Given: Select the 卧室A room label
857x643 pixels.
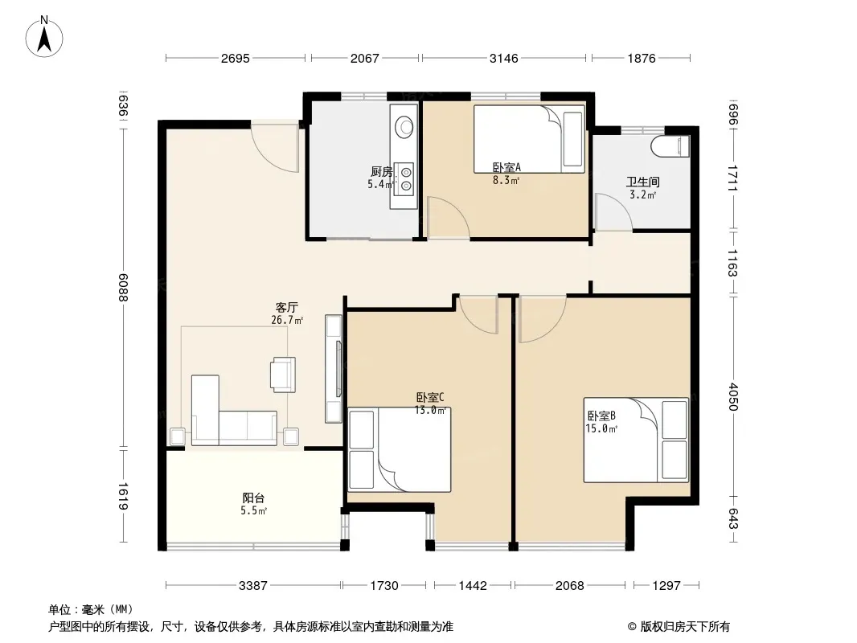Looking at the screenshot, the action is [x=506, y=167].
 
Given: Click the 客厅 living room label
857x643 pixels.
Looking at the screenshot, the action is [x=286, y=308].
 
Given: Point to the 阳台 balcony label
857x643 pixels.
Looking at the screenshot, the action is [x=253, y=498].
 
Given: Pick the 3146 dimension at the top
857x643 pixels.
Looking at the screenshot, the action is [x=503, y=58].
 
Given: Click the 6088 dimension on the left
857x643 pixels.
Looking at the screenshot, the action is [x=122, y=288].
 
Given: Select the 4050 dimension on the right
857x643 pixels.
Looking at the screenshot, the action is [x=733, y=397].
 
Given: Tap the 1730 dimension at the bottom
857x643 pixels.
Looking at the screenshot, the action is [x=384, y=586].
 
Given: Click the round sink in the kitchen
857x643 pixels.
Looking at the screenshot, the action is [x=404, y=126].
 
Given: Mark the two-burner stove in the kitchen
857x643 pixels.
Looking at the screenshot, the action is [x=406, y=179].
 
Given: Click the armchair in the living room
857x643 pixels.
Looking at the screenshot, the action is [x=283, y=375].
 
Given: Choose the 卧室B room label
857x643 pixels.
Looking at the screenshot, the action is [x=602, y=416].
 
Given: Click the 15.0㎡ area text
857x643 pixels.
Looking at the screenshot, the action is [x=602, y=429].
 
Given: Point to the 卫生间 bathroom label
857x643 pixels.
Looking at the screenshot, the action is [x=643, y=182].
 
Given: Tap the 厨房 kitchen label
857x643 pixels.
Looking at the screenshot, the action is [x=382, y=172].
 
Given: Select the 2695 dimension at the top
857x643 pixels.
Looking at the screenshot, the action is [x=236, y=58].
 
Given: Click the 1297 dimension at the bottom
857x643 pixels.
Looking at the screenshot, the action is [x=666, y=586].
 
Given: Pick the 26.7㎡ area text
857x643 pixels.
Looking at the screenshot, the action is [x=288, y=320].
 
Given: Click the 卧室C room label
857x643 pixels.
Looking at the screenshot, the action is [x=430, y=397].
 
